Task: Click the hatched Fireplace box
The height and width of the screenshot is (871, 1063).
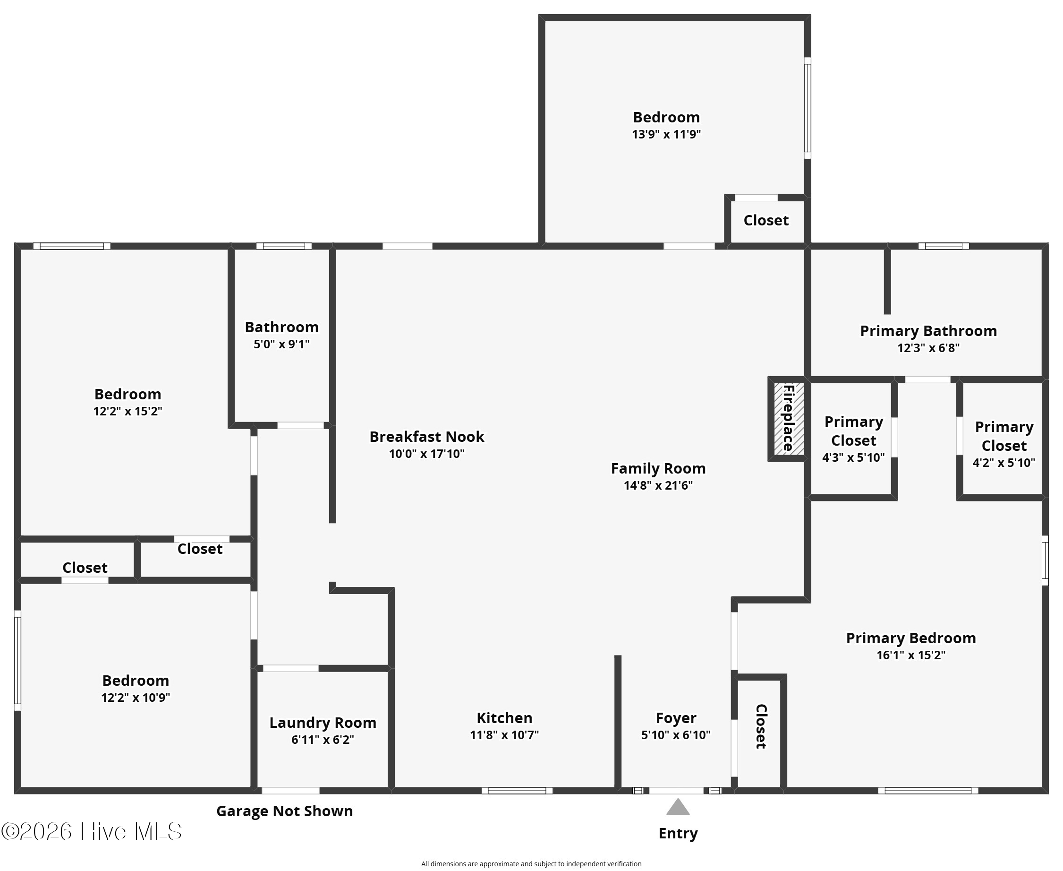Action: pos(789,419)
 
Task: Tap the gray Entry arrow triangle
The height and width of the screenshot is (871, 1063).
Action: pos(678,807)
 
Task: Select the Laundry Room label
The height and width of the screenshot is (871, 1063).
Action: pos(323,723)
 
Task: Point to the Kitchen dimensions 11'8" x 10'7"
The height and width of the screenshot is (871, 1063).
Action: pos(504,735)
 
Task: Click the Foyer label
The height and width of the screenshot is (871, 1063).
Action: pos(676,718)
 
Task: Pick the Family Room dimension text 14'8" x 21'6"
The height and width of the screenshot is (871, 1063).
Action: pos(658,486)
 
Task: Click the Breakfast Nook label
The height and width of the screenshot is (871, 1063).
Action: pos(427,437)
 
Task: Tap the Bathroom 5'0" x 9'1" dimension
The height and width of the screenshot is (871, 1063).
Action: pos(282,344)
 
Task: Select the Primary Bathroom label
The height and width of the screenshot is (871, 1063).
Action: pos(928,331)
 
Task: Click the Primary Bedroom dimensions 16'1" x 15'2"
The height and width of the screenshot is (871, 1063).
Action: pos(911,655)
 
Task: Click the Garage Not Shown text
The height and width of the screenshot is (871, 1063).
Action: pos(285,811)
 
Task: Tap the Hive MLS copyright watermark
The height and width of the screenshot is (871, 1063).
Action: pos(91,832)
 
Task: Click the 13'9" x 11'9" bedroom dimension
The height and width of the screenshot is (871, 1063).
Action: pos(666,135)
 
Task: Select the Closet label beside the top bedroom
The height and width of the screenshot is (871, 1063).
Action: pos(766,220)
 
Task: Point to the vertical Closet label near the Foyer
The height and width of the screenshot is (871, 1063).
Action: pos(761,727)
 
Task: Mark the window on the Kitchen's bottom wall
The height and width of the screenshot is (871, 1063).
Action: pos(518,791)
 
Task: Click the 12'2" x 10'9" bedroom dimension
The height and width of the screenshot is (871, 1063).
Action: pos(136,698)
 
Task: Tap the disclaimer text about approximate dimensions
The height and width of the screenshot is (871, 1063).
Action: pos(532,864)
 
